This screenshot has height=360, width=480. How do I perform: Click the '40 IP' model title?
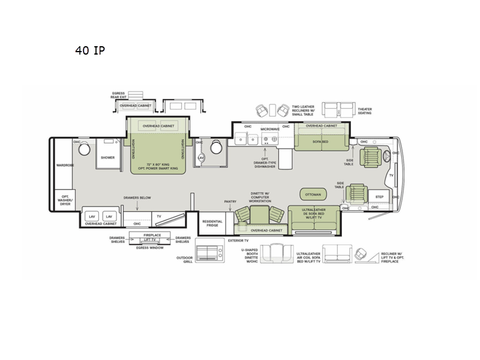click(90, 50)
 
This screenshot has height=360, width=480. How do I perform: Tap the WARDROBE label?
click(65, 164)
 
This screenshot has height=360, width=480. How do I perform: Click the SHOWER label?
click(107, 158)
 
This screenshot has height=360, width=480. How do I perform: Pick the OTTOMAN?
click(313, 194)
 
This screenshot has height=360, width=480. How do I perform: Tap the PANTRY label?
click(230, 202)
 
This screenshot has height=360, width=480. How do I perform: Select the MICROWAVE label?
click(270, 129)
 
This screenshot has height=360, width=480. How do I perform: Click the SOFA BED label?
click(320, 142)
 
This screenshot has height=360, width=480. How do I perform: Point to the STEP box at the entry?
click(379, 197)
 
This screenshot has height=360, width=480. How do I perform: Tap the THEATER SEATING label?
click(365, 111)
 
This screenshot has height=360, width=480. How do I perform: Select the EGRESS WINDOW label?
click(150, 247)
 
